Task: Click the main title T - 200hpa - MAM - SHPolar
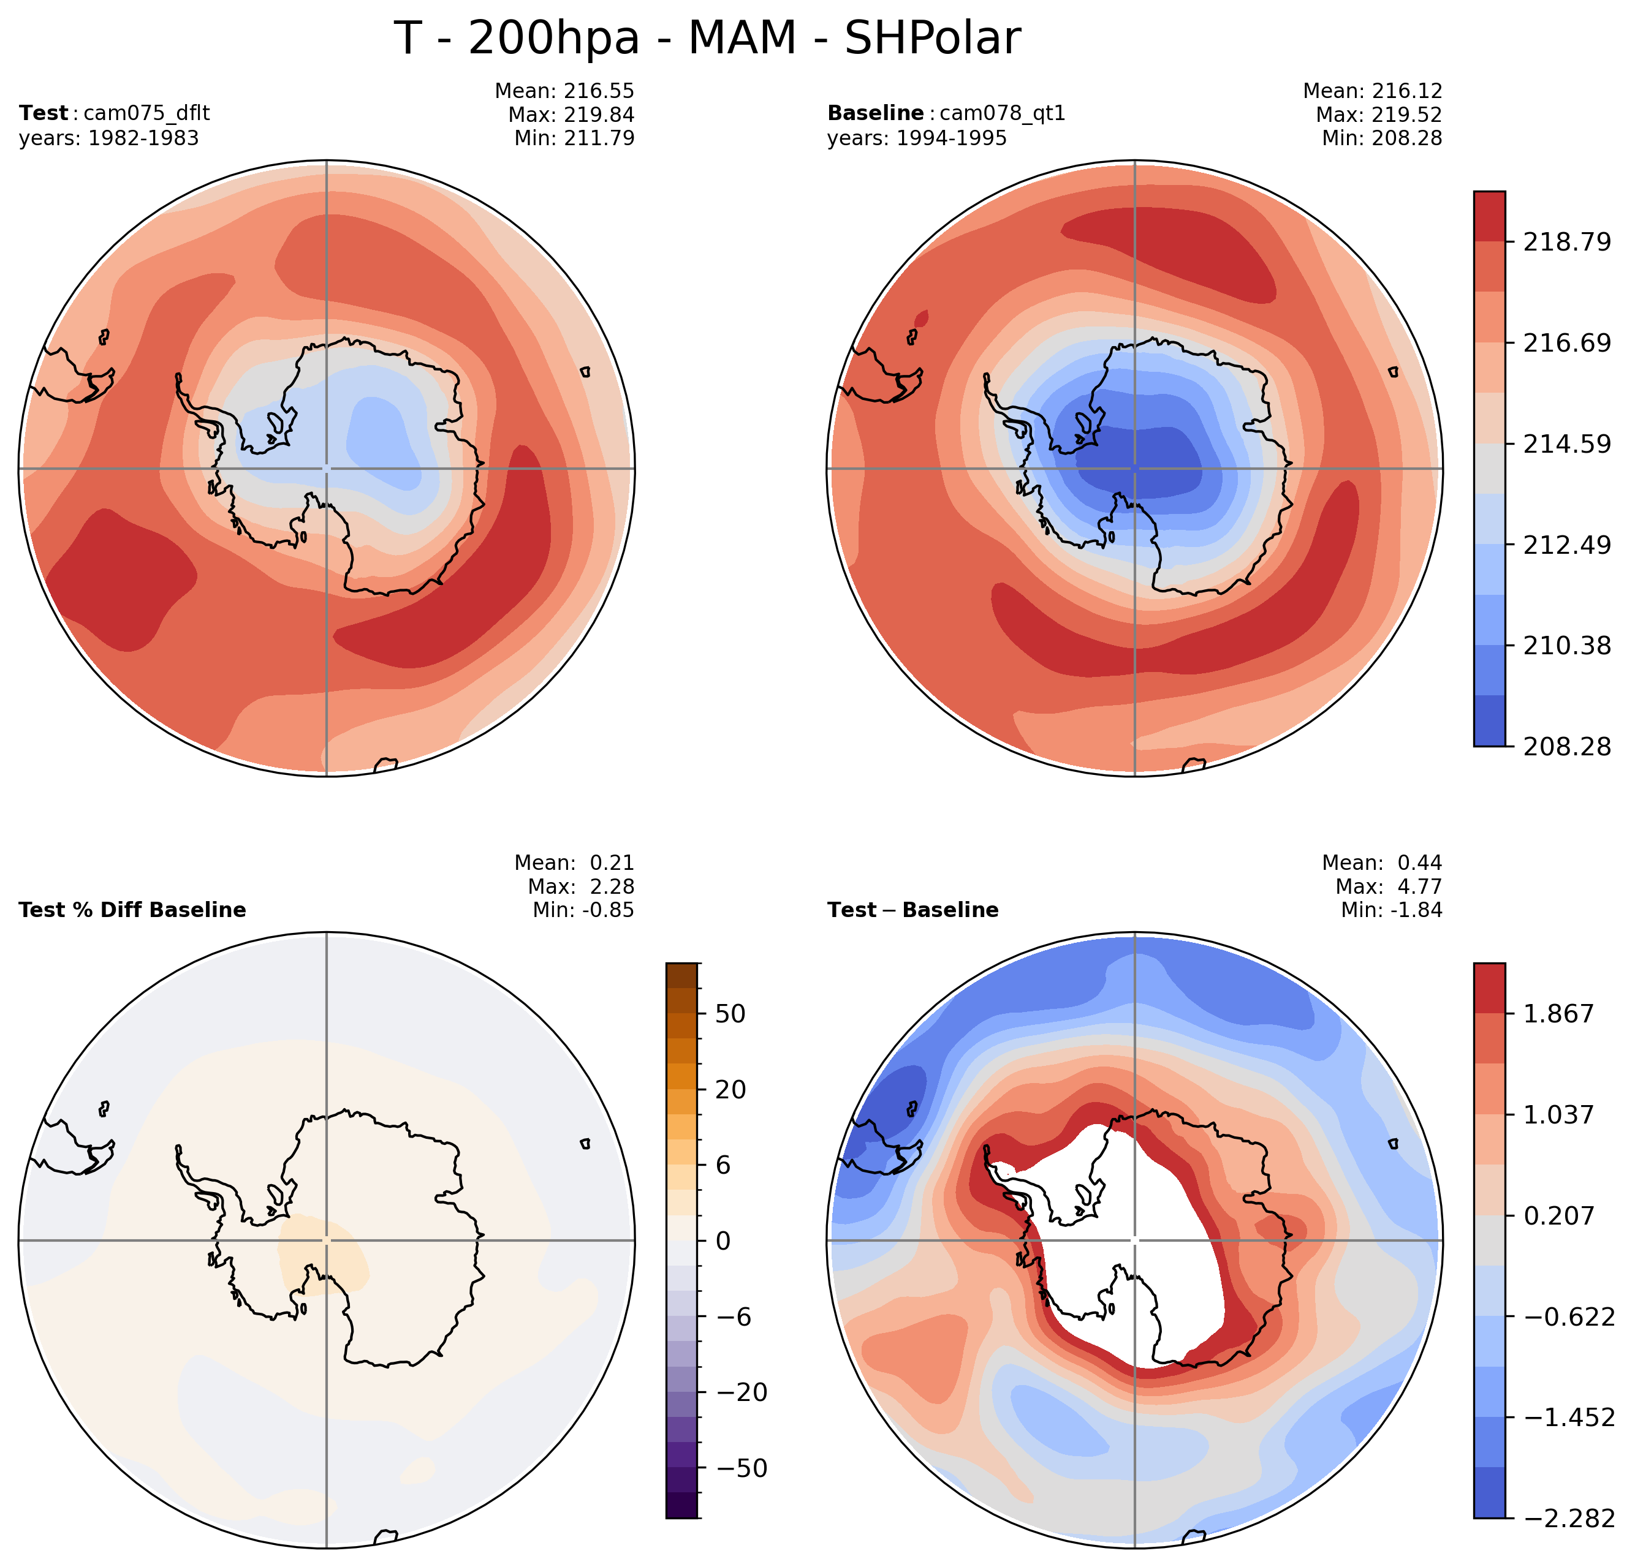point(707,39)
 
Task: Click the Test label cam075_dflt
point(146,113)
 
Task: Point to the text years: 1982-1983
point(109,138)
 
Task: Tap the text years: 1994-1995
point(917,138)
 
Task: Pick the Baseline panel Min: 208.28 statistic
point(1381,138)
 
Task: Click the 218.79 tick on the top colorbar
point(1566,243)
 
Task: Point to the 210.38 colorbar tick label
point(1566,646)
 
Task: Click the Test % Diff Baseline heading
point(132,910)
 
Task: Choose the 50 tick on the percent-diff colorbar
point(730,1014)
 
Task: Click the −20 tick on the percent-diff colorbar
point(742,1392)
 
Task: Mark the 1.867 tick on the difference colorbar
point(1558,1014)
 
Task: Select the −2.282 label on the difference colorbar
point(1569,1519)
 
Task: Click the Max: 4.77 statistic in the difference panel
point(1388,886)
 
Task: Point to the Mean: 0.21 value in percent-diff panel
point(574,863)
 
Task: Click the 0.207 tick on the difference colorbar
point(1558,1216)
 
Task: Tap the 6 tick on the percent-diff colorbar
point(723,1165)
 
